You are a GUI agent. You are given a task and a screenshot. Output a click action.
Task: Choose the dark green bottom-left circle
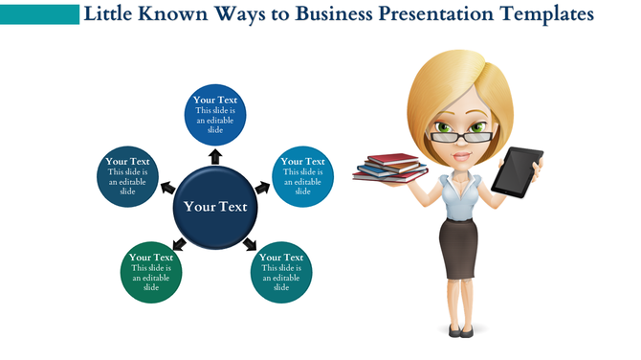click(151, 274)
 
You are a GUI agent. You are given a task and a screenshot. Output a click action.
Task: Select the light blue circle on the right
click(303, 177)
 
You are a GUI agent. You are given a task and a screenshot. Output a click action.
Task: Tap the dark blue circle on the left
click(127, 177)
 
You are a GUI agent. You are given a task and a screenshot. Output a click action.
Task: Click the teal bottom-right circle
click(281, 274)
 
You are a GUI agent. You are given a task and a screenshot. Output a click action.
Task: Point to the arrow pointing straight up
click(215, 155)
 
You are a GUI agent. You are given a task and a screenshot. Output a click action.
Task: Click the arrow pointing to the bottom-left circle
click(179, 245)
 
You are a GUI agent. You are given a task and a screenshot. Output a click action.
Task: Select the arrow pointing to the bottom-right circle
click(252, 244)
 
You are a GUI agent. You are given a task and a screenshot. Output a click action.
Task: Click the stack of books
click(390, 169)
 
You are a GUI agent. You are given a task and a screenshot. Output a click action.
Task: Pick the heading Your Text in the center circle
click(215, 207)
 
